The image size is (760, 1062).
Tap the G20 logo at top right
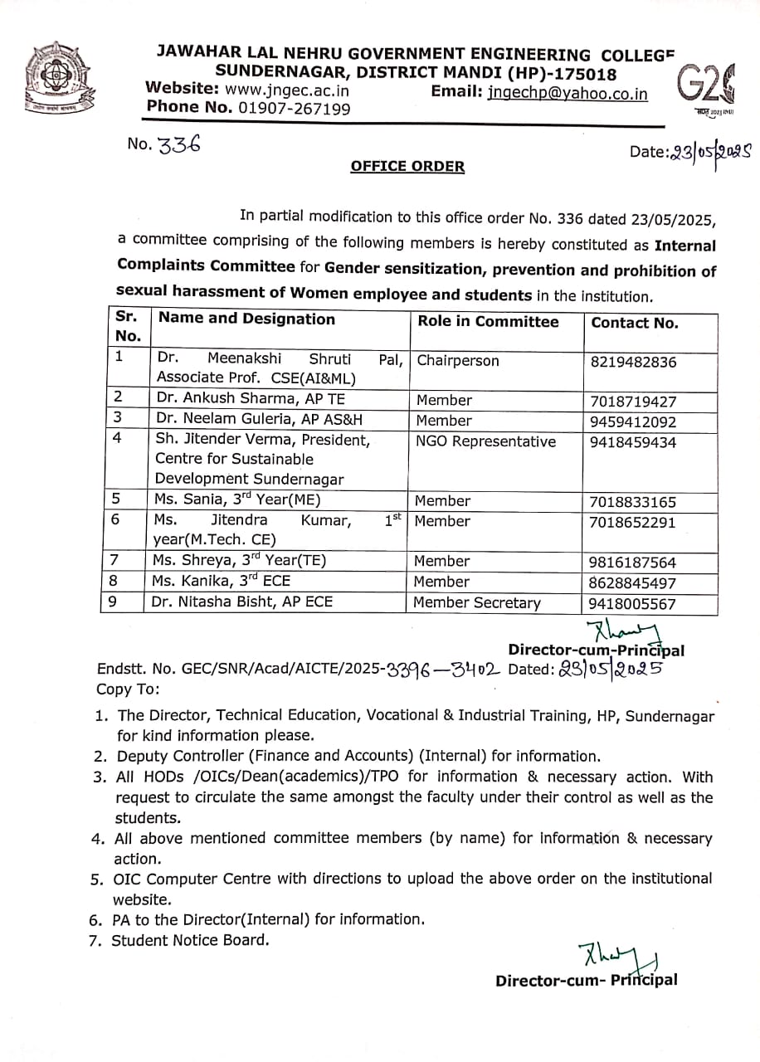point(705,86)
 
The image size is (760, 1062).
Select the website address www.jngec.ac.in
point(287,90)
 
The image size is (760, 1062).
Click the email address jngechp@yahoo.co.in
point(568,94)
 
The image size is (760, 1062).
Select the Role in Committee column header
point(488,322)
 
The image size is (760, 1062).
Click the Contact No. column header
point(635,323)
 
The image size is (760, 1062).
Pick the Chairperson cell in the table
point(458,361)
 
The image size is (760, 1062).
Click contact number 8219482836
point(633,362)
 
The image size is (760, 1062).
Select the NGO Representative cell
point(486,441)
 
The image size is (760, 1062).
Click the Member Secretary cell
point(477,603)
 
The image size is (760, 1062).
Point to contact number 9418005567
point(633,605)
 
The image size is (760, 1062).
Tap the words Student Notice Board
point(191,940)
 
